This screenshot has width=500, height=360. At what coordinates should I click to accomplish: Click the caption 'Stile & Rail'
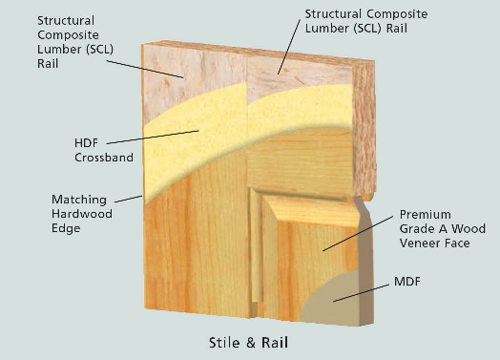pyautogui.click(x=248, y=341)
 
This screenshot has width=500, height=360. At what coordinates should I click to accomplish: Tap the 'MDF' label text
pyautogui.click(x=408, y=284)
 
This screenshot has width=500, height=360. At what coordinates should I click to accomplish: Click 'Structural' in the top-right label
pyautogui.click(x=335, y=14)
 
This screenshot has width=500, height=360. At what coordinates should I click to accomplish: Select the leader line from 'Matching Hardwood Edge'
pyautogui.click(x=128, y=198)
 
